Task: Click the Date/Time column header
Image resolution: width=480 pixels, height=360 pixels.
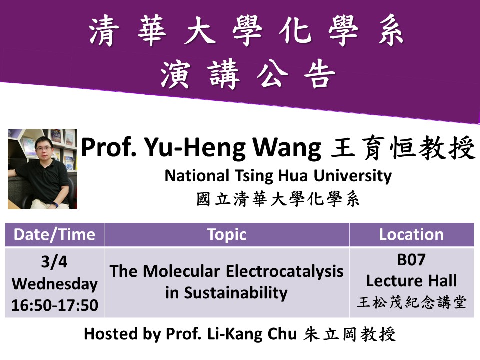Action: (54, 235)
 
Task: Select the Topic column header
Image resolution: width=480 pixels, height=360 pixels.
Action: (227, 235)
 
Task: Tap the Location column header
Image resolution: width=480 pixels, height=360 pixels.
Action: (411, 235)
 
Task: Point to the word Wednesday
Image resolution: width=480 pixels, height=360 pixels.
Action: (55, 284)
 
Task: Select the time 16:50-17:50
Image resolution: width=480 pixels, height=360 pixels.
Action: (55, 305)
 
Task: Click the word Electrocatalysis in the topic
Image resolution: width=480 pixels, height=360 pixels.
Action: (284, 271)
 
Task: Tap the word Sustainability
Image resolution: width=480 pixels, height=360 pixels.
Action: (235, 293)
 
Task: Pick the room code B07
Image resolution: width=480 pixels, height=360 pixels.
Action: (411, 260)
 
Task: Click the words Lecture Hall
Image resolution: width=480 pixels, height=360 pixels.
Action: (411, 280)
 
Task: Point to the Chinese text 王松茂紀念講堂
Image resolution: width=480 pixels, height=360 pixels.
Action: (411, 302)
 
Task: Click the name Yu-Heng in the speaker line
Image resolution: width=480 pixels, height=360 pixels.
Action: (195, 148)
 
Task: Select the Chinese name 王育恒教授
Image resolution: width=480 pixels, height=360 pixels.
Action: (403, 148)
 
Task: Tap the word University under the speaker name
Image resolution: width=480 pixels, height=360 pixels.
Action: (353, 176)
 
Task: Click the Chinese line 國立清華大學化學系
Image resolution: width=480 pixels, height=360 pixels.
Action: (278, 199)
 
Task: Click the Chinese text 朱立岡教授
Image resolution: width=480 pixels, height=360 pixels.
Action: (349, 334)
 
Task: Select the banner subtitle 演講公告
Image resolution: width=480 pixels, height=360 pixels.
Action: (248, 74)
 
